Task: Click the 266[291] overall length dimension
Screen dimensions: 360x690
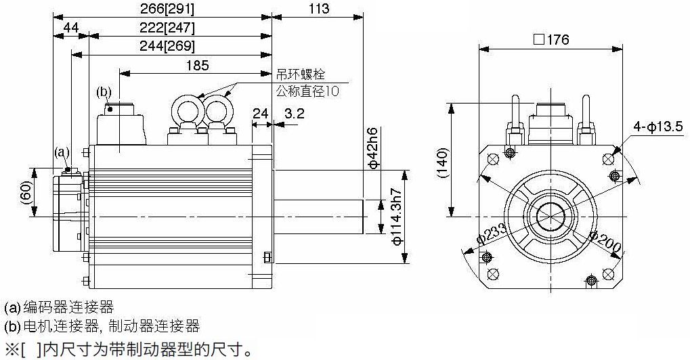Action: (162, 9)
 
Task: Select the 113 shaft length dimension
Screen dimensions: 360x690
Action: (318, 9)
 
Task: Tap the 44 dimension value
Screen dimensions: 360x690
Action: (71, 27)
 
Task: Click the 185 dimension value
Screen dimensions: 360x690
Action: (196, 65)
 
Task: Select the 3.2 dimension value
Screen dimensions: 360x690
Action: (294, 113)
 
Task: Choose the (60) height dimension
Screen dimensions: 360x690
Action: (26, 192)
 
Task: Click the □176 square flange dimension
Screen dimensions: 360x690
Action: (551, 39)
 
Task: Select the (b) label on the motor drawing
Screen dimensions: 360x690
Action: (104, 91)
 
